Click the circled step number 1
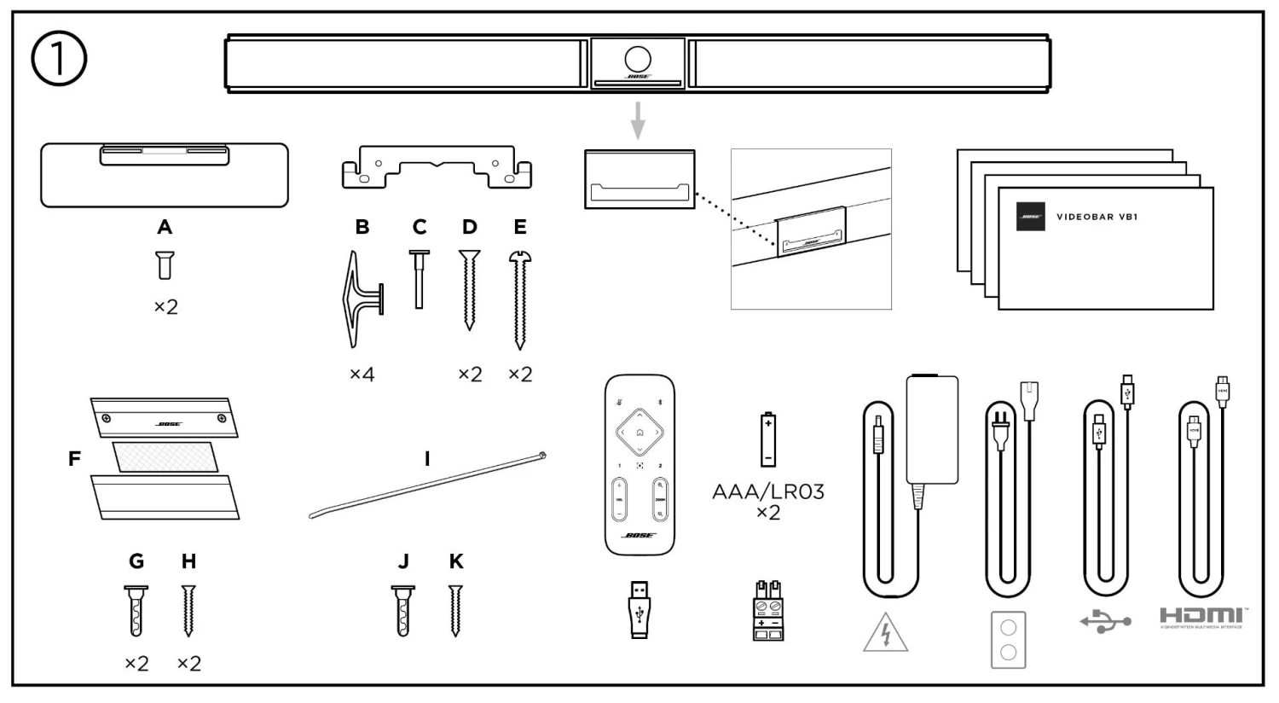[59, 60]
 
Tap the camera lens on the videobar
[638, 59]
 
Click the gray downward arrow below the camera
[638, 120]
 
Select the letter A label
[165, 227]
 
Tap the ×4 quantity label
[362, 374]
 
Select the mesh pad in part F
[165, 457]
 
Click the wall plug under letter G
[136, 611]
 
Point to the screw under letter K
[456, 611]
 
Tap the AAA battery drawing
[768, 439]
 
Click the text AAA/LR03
[768, 492]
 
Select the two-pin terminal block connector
[768, 611]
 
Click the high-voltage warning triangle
[885, 633]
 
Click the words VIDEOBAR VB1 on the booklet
[1097, 217]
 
